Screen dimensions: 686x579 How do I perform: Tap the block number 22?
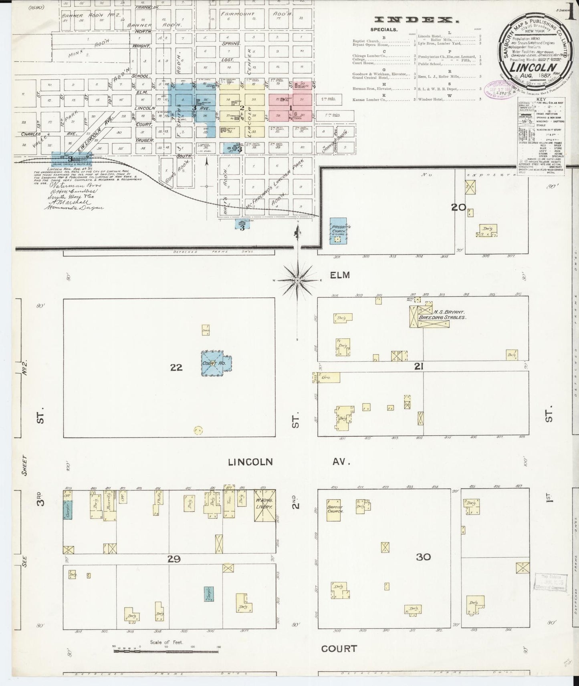176,367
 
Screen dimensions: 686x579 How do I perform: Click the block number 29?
174,559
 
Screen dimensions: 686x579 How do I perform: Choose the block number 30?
423,557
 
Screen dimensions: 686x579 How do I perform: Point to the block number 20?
458,207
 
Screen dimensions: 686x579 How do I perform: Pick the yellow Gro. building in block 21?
327,377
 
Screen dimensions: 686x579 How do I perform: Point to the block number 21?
419,366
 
